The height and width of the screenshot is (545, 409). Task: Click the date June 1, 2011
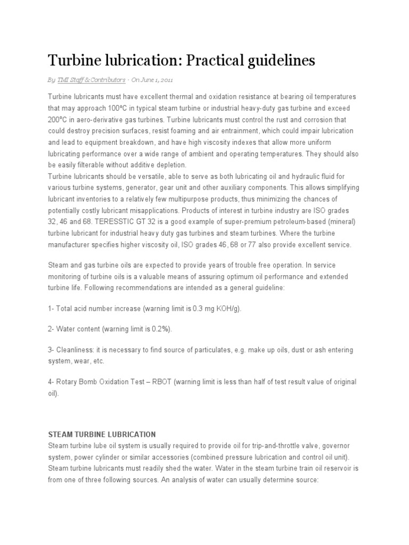tap(155, 80)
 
